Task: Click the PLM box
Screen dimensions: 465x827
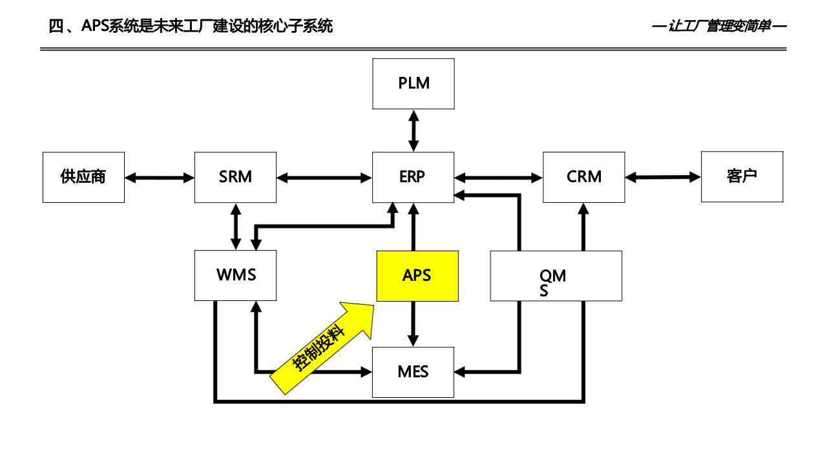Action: (x=413, y=83)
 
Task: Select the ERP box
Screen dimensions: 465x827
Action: (x=413, y=177)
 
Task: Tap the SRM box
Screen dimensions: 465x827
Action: (x=235, y=177)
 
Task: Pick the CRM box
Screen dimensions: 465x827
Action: (x=583, y=177)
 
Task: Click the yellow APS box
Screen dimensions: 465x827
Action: (x=417, y=276)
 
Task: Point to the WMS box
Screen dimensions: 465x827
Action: (x=236, y=276)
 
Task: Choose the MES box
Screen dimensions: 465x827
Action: (x=413, y=372)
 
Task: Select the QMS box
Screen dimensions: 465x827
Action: (x=556, y=276)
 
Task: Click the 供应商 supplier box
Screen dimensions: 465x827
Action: (x=83, y=177)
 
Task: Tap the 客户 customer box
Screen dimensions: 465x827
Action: (x=742, y=176)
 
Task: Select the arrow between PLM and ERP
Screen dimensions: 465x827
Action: (x=413, y=130)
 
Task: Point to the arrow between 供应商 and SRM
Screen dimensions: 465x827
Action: (x=160, y=178)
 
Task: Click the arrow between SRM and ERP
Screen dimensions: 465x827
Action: (x=324, y=178)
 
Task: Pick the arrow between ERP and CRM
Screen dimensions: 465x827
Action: (x=498, y=178)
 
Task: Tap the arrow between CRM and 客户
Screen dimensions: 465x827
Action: (x=663, y=177)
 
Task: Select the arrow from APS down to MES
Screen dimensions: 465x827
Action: (x=413, y=324)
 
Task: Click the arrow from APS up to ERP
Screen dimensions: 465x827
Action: (x=413, y=227)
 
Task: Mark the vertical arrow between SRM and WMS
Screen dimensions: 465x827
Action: (x=236, y=227)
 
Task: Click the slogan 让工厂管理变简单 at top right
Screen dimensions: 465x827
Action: (x=719, y=26)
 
